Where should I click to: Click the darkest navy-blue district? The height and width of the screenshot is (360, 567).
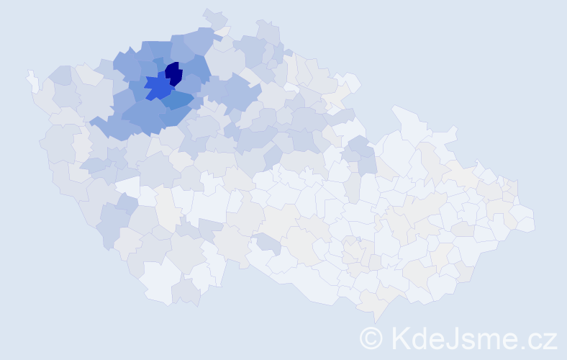point(173,73)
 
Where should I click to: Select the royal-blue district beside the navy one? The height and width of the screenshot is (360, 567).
point(158,87)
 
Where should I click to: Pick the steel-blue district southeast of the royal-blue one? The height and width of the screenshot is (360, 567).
point(177,100)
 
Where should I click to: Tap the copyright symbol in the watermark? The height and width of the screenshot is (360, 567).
point(371,338)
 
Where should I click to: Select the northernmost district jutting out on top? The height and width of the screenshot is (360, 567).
point(214,18)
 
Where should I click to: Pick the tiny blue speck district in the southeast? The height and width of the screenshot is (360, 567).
point(358,239)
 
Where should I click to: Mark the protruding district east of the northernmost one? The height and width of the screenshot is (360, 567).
point(268,32)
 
